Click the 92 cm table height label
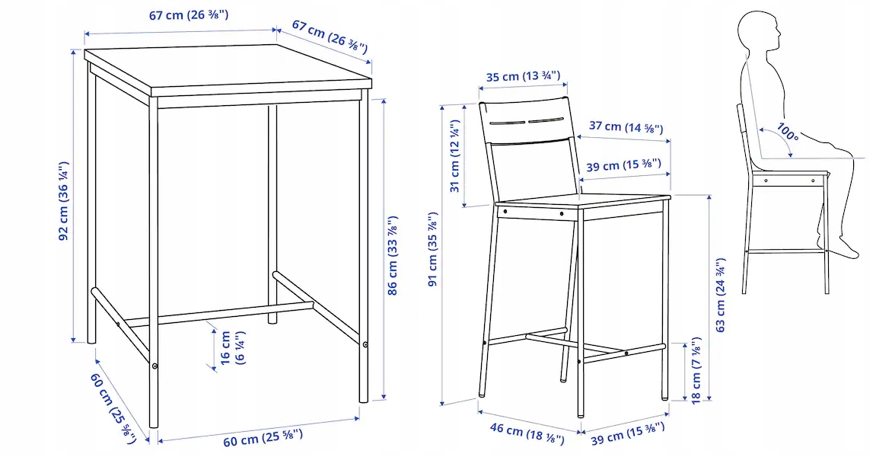click(65, 200)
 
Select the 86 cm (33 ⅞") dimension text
click(393, 255)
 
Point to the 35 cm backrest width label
click(523, 76)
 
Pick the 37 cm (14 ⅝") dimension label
click(626, 127)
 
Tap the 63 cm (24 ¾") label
click(721, 297)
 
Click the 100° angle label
click(786, 134)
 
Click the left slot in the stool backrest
click(507, 123)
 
